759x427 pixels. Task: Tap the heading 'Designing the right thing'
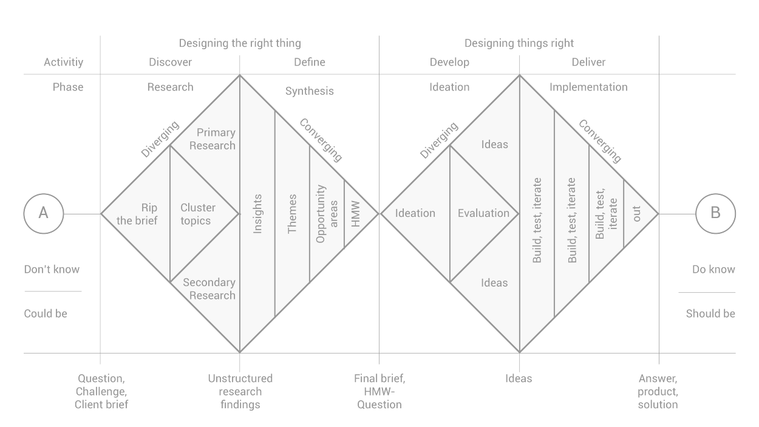[240, 43]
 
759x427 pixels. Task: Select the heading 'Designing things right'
[519, 43]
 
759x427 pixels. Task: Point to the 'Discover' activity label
[171, 62]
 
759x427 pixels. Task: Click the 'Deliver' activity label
[588, 62]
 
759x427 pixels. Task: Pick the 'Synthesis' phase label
[309, 91]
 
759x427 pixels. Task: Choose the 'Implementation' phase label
[588, 87]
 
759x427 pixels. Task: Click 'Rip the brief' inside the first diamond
[137, 214]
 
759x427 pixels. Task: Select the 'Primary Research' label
[213, 139]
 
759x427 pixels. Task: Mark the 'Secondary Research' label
[209, 289]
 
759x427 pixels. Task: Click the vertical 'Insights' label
[257, 214]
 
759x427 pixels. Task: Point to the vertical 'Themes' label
[292, 214]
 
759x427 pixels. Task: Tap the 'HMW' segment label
[355, 214]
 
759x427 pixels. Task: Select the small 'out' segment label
[637, 214]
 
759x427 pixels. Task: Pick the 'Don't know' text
[52, 270]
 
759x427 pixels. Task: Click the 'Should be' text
[710, 313]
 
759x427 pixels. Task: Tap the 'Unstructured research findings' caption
[240, 391]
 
